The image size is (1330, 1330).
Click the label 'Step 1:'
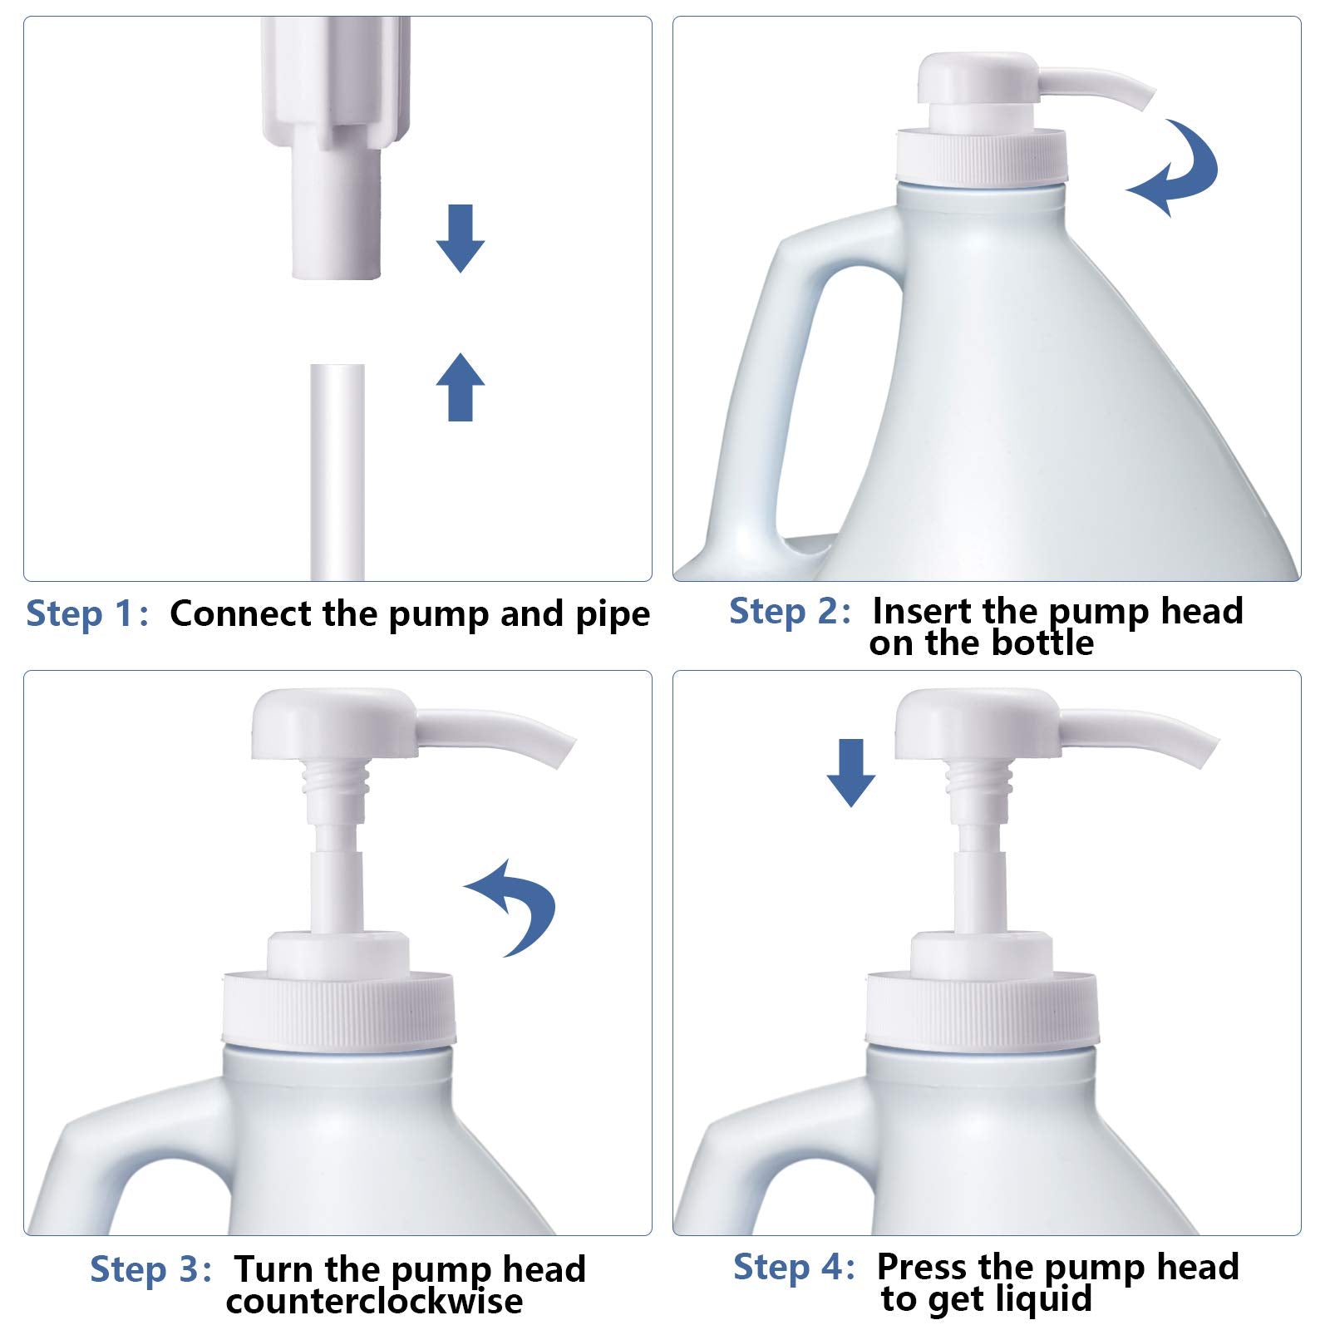87,614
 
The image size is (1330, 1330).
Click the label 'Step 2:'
790,611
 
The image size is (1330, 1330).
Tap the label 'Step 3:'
150,1269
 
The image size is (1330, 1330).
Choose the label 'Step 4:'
794,1267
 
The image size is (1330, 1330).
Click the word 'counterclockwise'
374,1302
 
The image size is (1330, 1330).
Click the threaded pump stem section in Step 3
337,781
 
